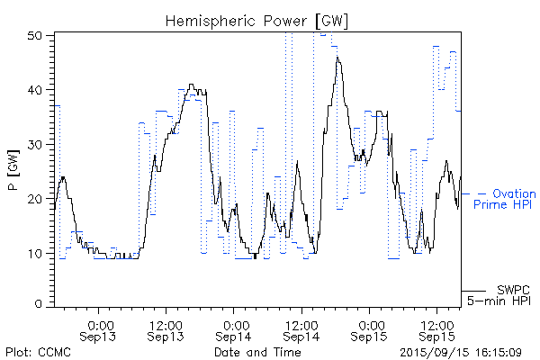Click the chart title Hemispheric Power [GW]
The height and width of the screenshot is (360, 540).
tap(257, 20)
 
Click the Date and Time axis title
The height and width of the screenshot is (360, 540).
tap(257, 351)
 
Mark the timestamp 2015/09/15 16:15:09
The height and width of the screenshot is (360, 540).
tap(462, 351)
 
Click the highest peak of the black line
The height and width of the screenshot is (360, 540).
tap(337, 58)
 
